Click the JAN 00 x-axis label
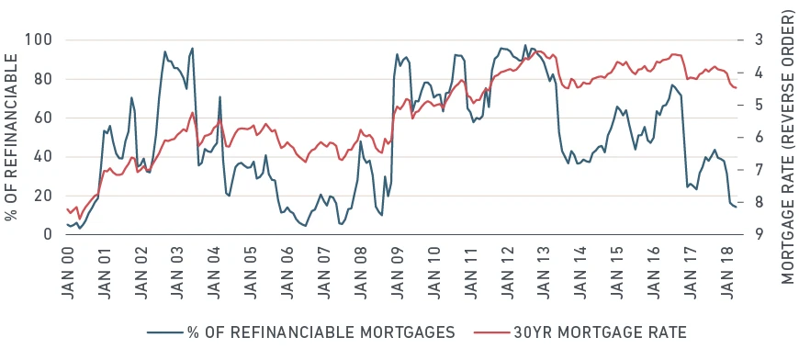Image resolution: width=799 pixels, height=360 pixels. click(67, 273)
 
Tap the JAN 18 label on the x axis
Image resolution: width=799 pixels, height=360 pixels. click(727, 273)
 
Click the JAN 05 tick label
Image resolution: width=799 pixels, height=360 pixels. click(251, 273)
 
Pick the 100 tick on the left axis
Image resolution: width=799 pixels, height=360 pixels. click(39, 39)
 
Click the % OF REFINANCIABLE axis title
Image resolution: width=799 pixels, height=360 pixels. click(11, 137)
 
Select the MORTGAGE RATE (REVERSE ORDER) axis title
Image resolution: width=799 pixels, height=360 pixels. click(788, 148)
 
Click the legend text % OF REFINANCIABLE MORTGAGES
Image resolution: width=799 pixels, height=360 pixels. click(321, 332)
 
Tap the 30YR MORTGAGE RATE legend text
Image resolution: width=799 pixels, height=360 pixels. click(600, 332)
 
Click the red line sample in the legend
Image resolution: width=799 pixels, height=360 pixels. click(491, 333)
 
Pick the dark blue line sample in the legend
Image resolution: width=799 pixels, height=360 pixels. click(165, 333)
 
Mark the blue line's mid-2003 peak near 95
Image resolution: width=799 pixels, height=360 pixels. click(192, 49)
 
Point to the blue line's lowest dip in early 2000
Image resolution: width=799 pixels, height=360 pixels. click(79, 228)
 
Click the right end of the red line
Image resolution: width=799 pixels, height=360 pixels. click(736, 88)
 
